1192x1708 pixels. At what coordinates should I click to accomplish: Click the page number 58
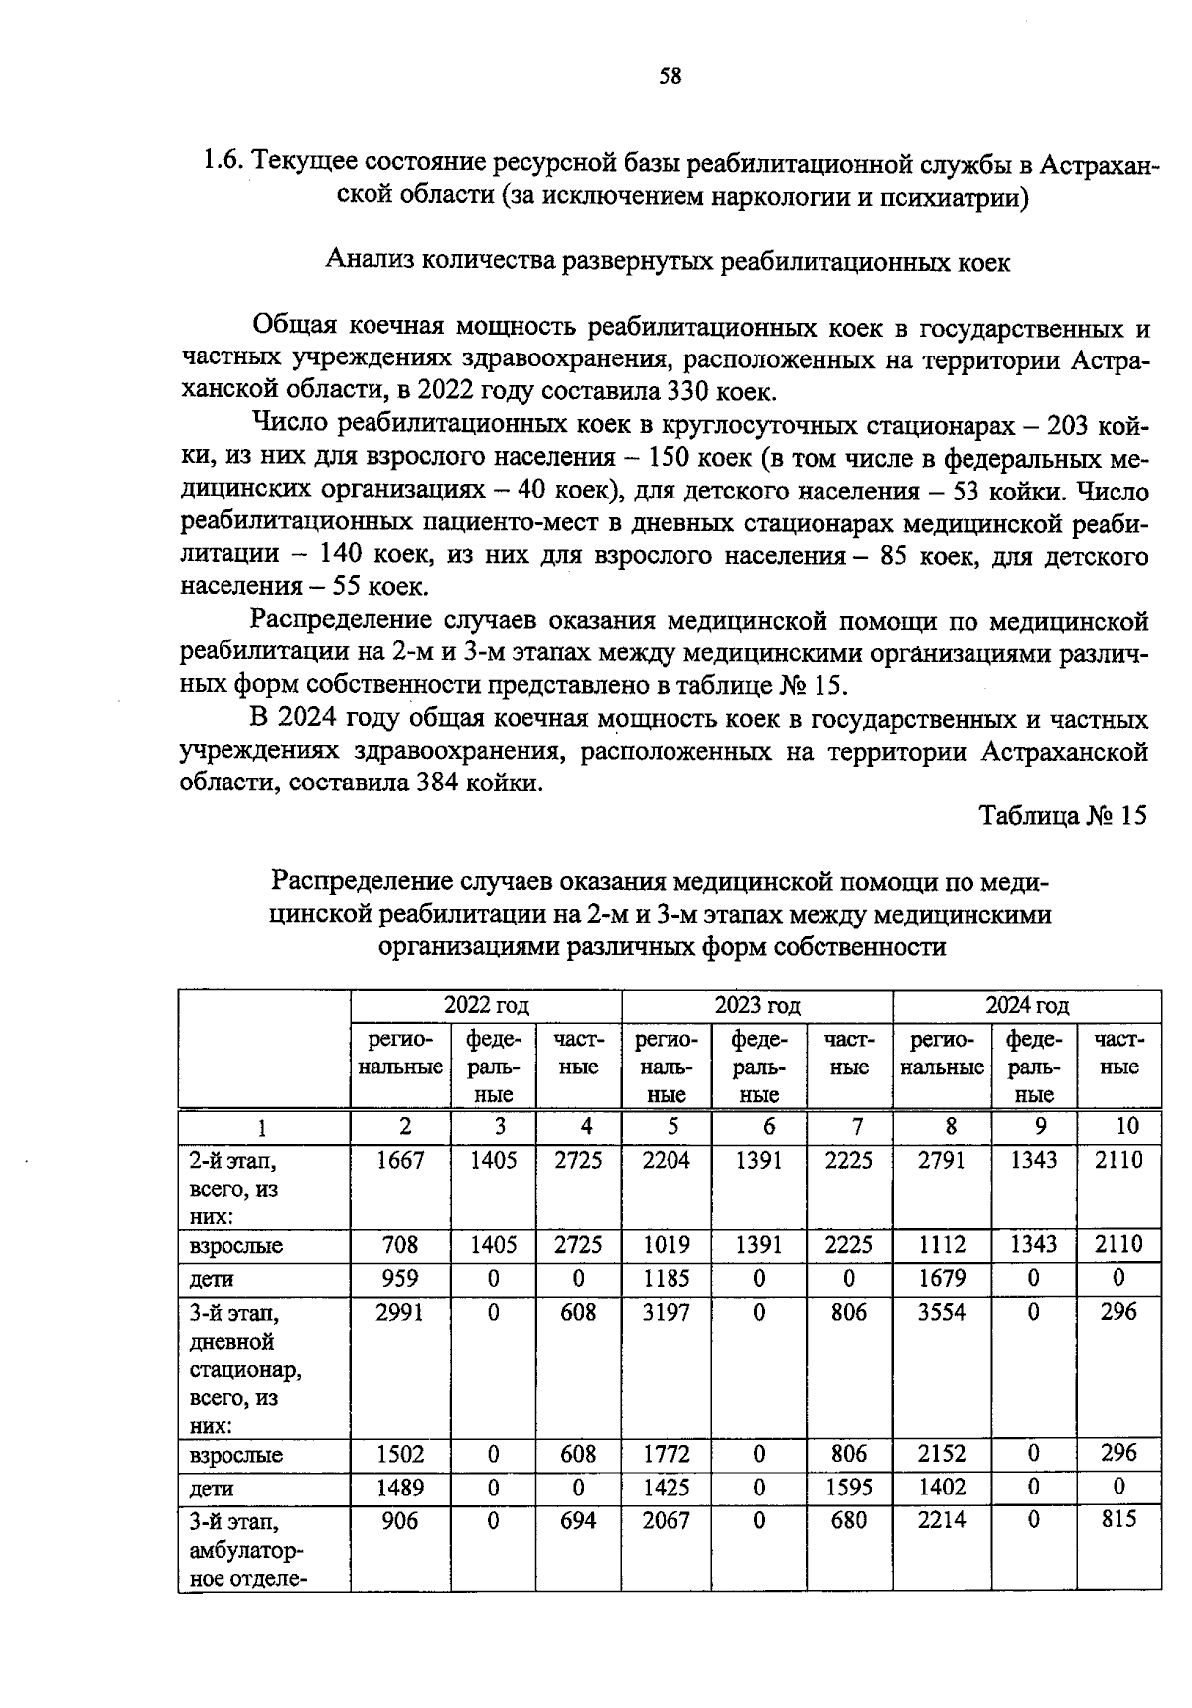click(670, 75)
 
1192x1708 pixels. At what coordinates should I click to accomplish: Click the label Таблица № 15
click(1062, 816)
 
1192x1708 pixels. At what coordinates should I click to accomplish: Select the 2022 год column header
click(486, 1005)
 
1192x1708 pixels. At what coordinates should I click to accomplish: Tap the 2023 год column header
click(757, 1005)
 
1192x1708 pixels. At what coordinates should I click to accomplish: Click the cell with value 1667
click(400, 1160)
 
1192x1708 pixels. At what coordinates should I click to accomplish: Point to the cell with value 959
click(400, 1278)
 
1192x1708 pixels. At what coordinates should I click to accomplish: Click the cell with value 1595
click(848, 1488)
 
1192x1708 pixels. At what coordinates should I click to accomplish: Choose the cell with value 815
click(1118, 1520)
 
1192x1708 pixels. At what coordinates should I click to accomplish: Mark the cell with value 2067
click(666, 1520)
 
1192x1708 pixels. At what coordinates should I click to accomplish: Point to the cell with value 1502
click(400, 1454)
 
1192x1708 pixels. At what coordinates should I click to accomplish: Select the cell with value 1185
click(666, 1278)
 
